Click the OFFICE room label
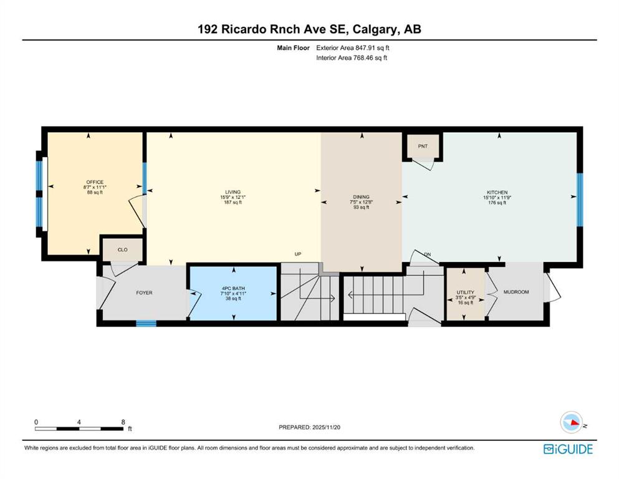(x=95, y=182)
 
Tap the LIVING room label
(x=233, y=192)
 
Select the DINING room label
(x=361, y=196)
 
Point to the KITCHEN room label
(x=497, y=192)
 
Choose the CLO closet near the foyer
(x=122, y=249)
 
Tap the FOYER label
(x=144, y=293)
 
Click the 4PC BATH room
(x=233, y=293)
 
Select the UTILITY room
(x=465, y=294)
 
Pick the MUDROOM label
(x=516, y=292)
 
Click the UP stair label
(x=298, y=254)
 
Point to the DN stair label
(x=427, y=254)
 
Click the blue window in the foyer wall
(x=146, y=324)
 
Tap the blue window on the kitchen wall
(x=580, y=200)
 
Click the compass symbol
(x=572, y=422)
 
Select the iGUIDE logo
(x=568, y=449)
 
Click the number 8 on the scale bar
(x=123, y=422)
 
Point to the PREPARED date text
(x=309, y=427)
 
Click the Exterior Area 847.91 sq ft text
(x=353, y=48)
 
